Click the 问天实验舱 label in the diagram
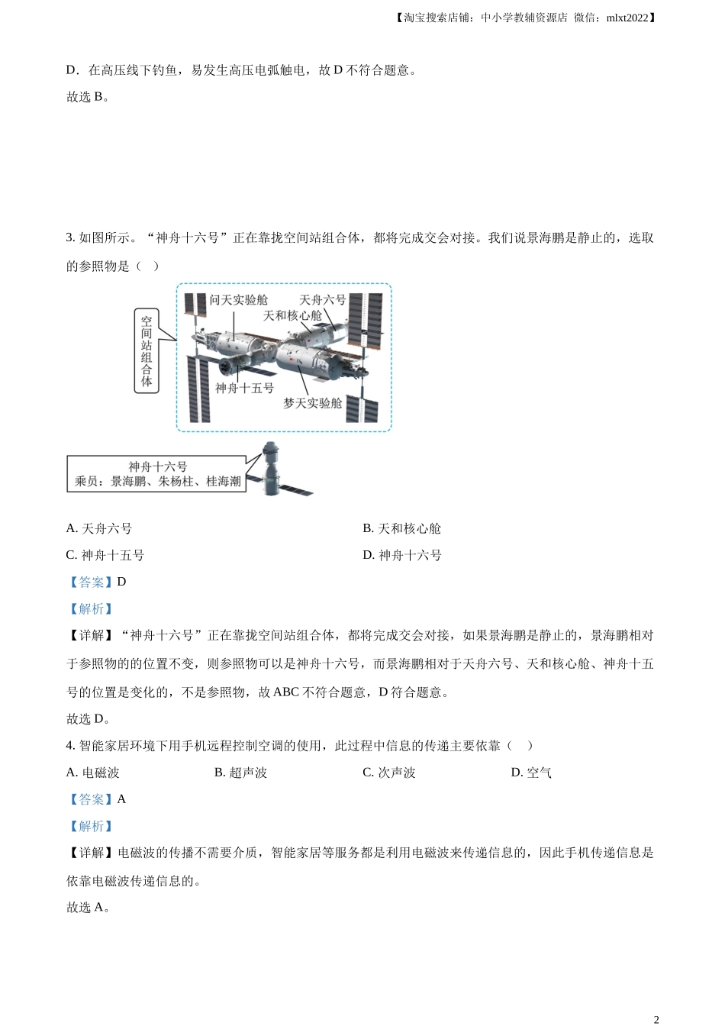[239, 300]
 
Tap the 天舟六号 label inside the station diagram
[322, 300]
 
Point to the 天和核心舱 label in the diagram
[292, 315]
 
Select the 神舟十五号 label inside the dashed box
[244, 389]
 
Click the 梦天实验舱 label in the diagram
[312, 403]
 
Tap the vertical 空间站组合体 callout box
[147, 351]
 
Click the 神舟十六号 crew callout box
[156, 473]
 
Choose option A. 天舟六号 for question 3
[99, 528]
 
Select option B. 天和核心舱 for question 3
[401, 528]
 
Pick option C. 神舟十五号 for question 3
[105, 555]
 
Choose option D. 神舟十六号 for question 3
[402, 555]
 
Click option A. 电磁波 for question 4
[92, 773]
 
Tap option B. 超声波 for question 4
[240, 773]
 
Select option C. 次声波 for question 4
[389, 773]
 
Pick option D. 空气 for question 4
[531, 773]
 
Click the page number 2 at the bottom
[656, 1020]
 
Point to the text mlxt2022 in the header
[627, 18]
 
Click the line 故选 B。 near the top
[88, 97]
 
